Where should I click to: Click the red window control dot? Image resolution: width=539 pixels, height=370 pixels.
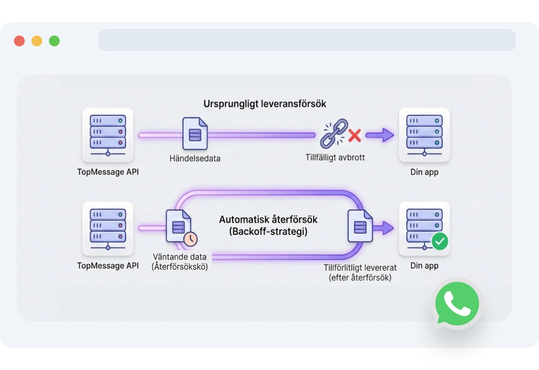19,41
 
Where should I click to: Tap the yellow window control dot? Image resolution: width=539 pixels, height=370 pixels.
37,41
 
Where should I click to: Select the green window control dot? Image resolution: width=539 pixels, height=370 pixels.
54,41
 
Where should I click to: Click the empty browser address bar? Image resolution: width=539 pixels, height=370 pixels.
307,40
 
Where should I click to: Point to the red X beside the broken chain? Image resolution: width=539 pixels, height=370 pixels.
355,136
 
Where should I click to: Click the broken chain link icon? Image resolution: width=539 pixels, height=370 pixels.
334,134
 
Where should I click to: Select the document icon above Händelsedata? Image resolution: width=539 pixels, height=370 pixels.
195,133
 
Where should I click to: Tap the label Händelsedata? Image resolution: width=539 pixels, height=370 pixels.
195,159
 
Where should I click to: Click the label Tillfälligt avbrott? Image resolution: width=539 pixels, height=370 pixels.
335,158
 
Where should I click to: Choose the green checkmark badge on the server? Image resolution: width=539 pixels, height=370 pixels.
440,241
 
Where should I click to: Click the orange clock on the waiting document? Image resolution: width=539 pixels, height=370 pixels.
190,239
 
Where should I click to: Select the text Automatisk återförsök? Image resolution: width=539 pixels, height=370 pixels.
268,219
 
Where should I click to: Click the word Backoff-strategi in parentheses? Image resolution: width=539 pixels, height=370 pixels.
268,231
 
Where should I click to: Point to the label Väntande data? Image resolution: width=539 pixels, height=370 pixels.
179,257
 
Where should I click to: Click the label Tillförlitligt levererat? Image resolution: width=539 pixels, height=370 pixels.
360,268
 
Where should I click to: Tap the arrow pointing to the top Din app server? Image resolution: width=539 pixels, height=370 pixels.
380,135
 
